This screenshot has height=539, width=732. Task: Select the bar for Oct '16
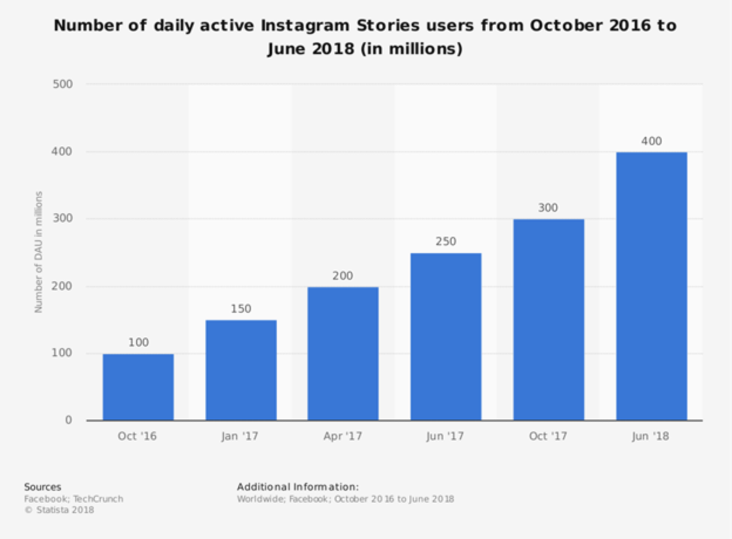coord(138,387)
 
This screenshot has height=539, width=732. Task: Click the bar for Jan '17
coord(240,370)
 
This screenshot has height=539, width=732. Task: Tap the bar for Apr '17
coord(343,353)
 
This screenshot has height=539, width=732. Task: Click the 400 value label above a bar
coord(651,141)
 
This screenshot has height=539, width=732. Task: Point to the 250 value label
coord(446,241)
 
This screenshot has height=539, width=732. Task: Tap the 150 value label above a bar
coord(240,309)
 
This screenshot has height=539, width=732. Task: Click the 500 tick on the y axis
coord(62,84)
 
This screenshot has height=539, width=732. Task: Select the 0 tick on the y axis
coord(69,420)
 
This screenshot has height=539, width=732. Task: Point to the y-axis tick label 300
coord(62,219)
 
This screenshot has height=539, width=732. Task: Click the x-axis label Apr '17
coord(343,436)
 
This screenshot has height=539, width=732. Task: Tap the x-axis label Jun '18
coord(650,436)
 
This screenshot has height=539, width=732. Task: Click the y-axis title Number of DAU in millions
coord(39,252)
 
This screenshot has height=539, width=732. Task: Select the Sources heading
coord(42,487)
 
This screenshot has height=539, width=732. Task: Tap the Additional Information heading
coord(297,487)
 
